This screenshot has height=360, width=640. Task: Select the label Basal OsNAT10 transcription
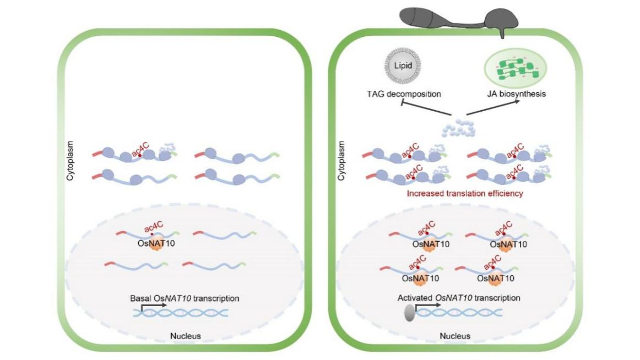pos(185,298)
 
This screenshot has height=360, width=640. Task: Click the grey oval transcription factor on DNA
pos(411,313)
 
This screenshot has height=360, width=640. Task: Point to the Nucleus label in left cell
pos(185,335)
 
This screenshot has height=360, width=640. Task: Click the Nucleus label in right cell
pos(455,335)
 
